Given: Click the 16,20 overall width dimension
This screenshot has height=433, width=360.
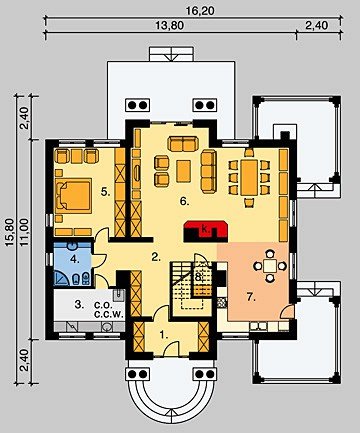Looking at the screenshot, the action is click(x=200, y=11).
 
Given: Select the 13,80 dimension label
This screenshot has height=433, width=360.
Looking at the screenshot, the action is click(x=170, y=26).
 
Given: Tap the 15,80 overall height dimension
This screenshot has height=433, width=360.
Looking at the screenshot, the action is click(x=10, y=232).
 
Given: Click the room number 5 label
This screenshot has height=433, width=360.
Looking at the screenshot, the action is click(x=106, y=192).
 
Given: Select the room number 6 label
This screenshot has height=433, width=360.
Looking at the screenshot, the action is click(x=184, y=201).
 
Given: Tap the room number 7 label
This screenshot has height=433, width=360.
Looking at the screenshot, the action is click(x=251, y=297).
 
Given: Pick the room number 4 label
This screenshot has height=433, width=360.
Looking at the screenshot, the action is click(x=75, y=259).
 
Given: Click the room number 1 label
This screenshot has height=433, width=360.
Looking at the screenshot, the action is click(x=163, y=335).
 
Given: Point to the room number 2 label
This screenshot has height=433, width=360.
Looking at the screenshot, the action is click(x=156, y=257).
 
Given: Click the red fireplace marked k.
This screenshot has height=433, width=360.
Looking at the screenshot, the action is click(x=205, y=229).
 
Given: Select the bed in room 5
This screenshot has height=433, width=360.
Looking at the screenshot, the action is click(x=74, y=196).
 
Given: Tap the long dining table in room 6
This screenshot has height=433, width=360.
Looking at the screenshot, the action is click(x=249, y=178).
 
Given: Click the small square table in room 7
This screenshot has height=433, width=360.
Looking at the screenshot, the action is click(x=270, y=266).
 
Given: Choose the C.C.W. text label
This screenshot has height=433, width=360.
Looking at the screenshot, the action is click(x=109, y=314).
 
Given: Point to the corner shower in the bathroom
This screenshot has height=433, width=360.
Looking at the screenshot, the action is click(x=62, y=278).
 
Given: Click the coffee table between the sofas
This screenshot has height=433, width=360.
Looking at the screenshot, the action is click(x=184, y=171).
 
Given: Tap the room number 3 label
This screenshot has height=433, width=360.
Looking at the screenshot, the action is click(x=79, y=304).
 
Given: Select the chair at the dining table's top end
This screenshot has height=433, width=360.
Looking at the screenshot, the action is click(x=249, y=152).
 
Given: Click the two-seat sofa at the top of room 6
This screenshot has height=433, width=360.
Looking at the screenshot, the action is click(x=183, y=143).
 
